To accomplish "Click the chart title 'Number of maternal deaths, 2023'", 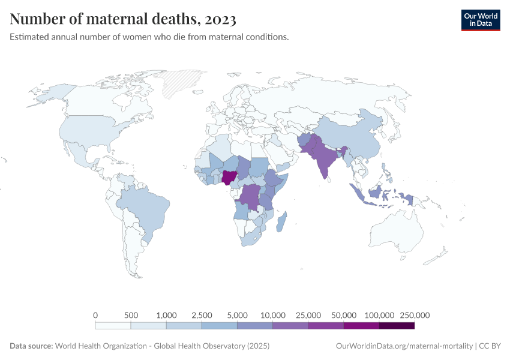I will point(123,19).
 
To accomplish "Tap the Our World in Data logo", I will point(480,19).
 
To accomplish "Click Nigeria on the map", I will point(229,178).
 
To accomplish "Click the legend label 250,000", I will point(414,315).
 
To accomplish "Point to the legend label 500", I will point(131,315).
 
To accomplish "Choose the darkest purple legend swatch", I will point(397,326).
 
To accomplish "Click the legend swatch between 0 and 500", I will point(113,326).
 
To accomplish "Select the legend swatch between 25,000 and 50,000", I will point(326,326).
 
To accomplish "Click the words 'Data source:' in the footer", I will point(31,346).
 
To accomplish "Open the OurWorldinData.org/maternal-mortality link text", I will point(404,346).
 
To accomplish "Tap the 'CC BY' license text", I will point(490,346).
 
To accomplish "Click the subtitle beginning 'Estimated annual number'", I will point(149,37).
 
